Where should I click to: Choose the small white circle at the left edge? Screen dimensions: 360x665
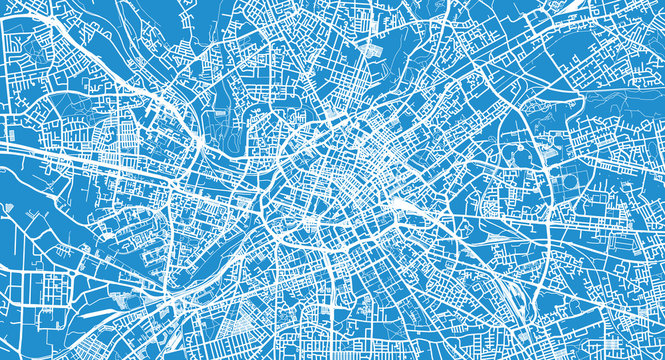8,208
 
